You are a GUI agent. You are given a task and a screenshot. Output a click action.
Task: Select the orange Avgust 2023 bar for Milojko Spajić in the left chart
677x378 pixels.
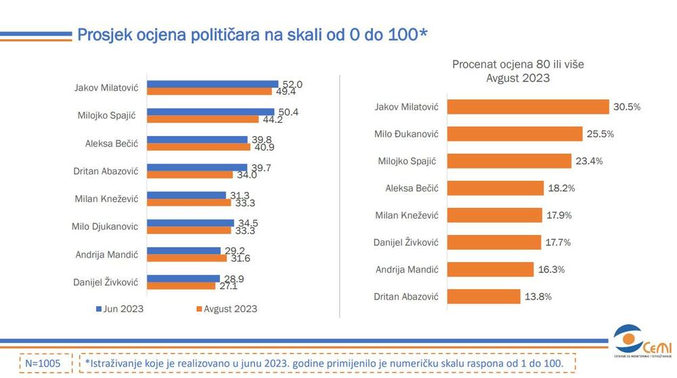203,119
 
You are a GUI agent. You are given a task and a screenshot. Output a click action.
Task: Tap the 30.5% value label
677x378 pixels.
626,107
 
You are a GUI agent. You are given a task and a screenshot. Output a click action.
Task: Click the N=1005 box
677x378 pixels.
42,364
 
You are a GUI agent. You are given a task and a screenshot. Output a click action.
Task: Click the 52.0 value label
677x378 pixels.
292,85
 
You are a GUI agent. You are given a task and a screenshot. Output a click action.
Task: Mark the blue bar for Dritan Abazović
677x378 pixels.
198,167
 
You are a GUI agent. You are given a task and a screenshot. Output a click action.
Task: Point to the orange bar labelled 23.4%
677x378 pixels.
510,161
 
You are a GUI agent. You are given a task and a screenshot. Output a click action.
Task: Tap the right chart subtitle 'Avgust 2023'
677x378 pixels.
517,78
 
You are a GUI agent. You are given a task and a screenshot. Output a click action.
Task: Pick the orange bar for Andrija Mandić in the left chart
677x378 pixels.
188,258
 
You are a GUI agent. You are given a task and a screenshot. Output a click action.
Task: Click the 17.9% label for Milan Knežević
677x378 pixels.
559,215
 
